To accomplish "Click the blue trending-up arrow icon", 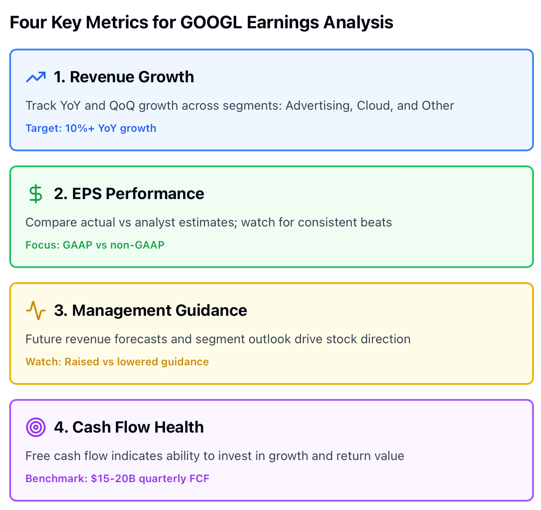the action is [x=36, y=77].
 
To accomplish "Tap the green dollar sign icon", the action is [x=36, y=194].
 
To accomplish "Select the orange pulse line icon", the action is [x=36, y=311].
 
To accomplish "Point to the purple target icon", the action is [x=36, y=427].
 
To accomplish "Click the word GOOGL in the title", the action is [x=211, y=23].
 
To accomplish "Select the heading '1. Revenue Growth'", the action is [x=124, y=77].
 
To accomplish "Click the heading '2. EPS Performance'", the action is [x=129, y=194].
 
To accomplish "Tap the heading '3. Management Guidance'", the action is [x=150, y=311].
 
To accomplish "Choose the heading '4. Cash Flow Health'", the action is [x=129, y=427].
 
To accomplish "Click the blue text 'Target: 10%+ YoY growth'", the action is [x=91, y=128].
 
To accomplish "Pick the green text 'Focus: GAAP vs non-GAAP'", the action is [x=95, y=245].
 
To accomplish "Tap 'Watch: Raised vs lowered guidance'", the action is [x=117, y=362].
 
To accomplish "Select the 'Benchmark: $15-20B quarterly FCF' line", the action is [x=117, y=479].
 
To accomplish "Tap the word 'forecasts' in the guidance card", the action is [x=141, y=339].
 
